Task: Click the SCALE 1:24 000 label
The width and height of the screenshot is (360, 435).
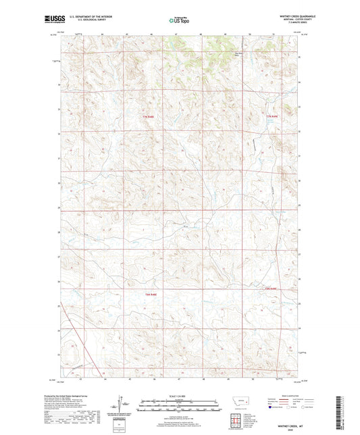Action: [x=180, y=395]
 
